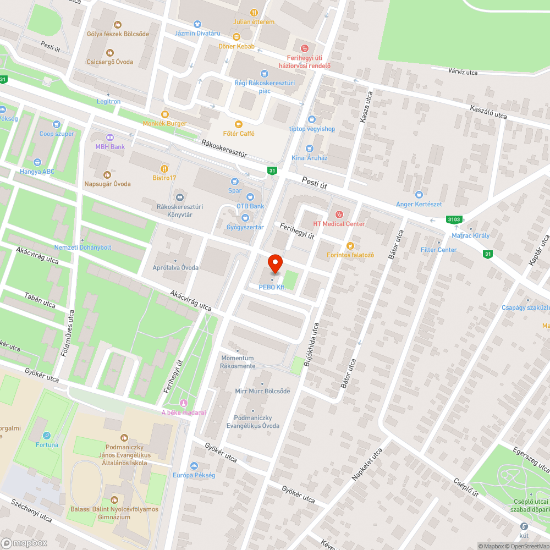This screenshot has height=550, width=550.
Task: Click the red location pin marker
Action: point(274,263)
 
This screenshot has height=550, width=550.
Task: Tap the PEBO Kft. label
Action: point(272,287)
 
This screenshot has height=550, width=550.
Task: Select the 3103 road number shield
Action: point(454,219)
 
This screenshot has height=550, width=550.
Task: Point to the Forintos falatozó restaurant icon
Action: point(350,245)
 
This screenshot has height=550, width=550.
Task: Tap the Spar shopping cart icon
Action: point(235,181)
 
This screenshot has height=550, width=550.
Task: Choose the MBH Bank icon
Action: point(109,137)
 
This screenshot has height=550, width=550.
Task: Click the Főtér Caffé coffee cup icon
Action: point(238,124)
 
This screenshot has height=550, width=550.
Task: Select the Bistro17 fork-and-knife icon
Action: point(164,168)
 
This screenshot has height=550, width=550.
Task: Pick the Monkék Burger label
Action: point(164,124)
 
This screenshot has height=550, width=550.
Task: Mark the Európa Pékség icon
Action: point(194,466)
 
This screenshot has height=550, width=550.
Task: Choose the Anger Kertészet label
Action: point(419,205)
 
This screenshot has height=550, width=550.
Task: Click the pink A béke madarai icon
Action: point(183,404)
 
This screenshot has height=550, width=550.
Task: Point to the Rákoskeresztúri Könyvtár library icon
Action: point(179,197)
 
